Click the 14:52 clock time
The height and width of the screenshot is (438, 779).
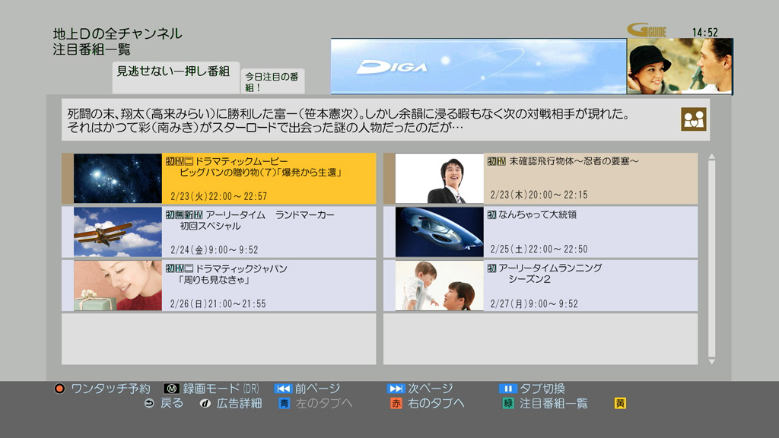pos(704,32)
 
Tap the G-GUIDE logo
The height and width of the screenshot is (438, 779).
pos(647,31)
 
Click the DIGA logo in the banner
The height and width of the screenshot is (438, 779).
pos(393,67)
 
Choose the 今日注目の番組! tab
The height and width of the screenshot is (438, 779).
pos(272,81)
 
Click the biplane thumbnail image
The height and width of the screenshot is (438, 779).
pos(118,232)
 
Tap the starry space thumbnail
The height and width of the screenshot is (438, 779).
pos(118,179)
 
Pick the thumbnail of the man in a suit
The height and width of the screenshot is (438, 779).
pos(439,179)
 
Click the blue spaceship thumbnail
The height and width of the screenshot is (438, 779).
pos(439,232)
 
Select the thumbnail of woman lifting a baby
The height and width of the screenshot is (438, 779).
pos(439,285)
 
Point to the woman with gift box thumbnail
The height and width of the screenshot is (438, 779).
pos(118,285)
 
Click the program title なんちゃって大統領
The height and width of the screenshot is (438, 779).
pos(537,215)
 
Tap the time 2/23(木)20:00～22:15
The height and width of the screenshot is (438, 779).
pos(539,195)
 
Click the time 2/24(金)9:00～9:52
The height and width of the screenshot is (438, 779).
pos(215,249)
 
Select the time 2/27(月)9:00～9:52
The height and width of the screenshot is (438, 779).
pos(534,303)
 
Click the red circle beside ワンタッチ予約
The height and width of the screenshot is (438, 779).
pos(59,389)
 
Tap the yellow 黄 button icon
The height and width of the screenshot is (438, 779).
pos(620,404)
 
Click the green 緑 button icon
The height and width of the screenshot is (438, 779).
pos(507,404)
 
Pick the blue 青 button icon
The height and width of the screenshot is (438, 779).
pos(284,404)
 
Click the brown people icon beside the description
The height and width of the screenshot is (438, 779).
pos(693,119)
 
